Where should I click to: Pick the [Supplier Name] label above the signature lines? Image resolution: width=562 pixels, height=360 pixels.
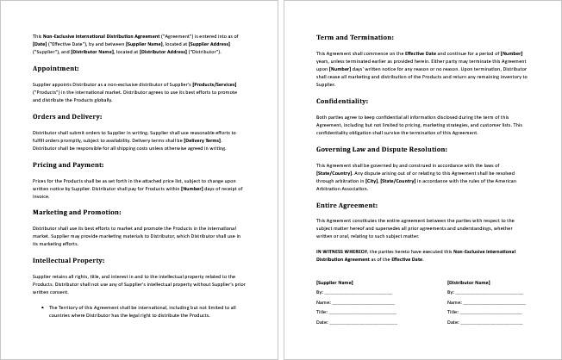coord(334,282)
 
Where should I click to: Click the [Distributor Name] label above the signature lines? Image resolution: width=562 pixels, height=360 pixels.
coord(469,282)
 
